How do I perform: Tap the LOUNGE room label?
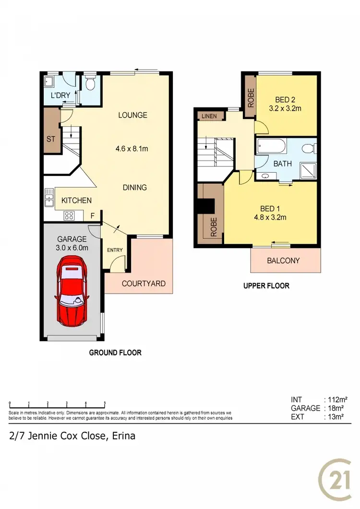pos(133,115)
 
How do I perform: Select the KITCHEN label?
pos(76,201)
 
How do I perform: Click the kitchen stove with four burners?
pos(69,216)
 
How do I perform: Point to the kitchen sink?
pos(49,197)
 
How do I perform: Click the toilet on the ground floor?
pos(90,85)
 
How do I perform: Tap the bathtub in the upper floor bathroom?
pos(272,146)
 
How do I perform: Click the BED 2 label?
pos(285,100)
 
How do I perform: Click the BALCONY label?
pos(283,260)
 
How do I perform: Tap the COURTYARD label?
pos(144,284)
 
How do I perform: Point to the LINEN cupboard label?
pos(209,117)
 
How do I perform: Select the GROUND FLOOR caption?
pos(115,353)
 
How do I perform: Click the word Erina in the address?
pos(123,436)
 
